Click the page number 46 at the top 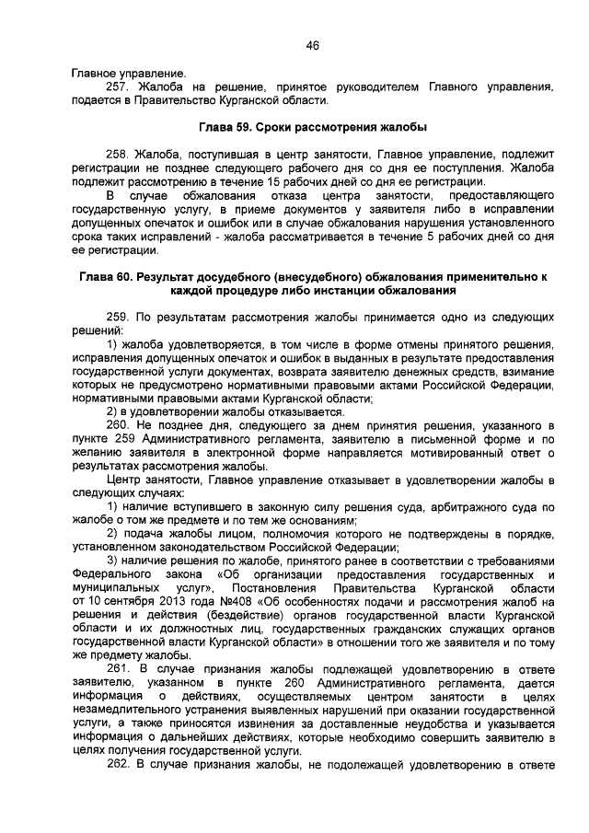point(312,45)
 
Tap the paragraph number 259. point(121,317)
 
